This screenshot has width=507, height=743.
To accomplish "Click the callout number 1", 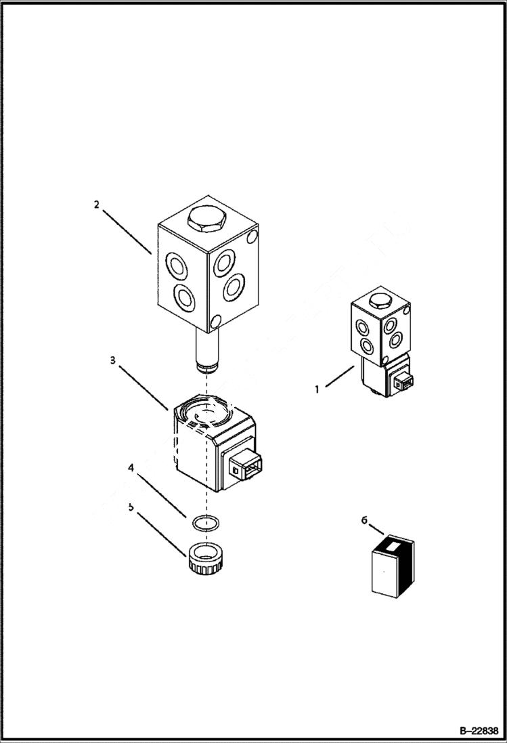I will click(x=315, y=389).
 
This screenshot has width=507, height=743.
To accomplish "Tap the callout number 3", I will click(x=112, y=360).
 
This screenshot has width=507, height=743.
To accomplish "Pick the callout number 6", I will click(x=364, y=520).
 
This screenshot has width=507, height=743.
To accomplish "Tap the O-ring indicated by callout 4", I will click(x=204, y=524).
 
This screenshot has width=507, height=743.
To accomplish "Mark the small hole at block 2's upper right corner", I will click(x=253, y=237).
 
